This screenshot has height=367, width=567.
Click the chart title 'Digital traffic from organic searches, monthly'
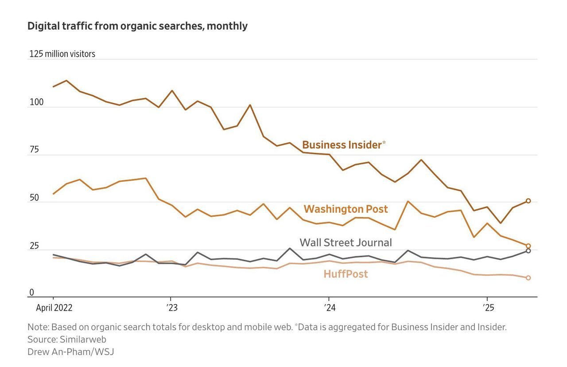[137, 26]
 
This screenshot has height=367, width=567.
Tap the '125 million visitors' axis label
[62, 54]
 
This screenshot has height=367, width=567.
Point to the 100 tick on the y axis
[36, 102]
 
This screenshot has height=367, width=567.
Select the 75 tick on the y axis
[34, 150]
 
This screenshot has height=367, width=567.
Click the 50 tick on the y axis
[34, 198]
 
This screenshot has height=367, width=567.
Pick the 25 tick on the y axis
[34, 246]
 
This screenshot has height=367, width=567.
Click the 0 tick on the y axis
[31, 293]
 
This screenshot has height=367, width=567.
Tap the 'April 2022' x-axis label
[54, 308]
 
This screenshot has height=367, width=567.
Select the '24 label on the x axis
[329, 308]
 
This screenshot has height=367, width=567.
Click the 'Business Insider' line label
[342, 145]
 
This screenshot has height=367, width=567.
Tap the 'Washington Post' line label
[346, 209]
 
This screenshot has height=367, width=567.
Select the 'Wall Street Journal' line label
[346, 242]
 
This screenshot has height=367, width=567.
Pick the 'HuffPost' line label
[346, 274]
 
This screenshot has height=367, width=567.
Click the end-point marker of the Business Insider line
[528, 201]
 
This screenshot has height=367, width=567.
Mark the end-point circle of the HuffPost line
[528, 278]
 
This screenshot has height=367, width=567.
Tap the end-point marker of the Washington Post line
[528, 246]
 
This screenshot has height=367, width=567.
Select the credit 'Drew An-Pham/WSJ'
[71, 352]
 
